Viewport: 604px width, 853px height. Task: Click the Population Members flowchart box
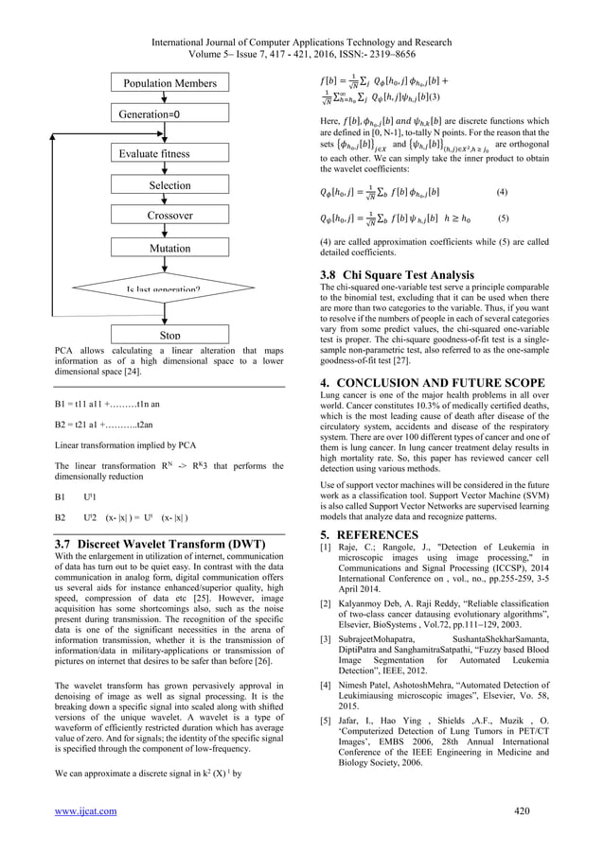click(x=169, y=83)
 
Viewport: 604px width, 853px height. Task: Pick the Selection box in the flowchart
click(x=169, y=185)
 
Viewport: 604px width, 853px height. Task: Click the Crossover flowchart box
click(x=169, y=216)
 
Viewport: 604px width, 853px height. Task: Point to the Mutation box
click(x=169, y=248)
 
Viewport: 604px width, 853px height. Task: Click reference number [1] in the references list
click(x=328, y=548)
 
